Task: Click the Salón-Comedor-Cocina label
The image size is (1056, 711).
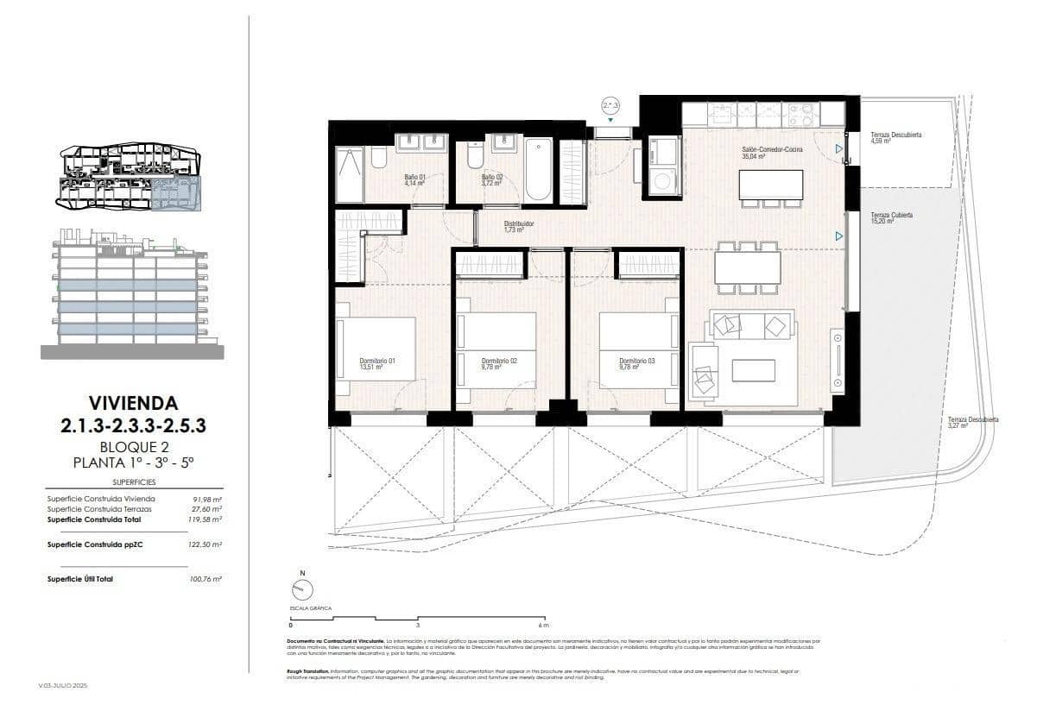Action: [771, 150]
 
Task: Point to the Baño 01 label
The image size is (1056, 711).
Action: [416, 177]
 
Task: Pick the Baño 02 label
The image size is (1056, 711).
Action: [492, 177]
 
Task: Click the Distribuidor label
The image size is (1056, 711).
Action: [519, 223]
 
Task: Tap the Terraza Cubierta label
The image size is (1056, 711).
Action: [891, 215]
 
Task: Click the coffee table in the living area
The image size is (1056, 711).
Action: [753, 370]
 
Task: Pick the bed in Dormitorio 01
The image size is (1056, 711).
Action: [376, 349]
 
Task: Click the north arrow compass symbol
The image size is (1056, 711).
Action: [302, 589]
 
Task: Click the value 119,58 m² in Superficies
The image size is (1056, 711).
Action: [206, 519]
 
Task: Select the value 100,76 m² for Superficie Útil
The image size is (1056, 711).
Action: [206, 579]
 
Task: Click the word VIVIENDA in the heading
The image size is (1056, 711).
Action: [133, 402]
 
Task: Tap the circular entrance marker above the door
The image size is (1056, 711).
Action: [610, 106]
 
